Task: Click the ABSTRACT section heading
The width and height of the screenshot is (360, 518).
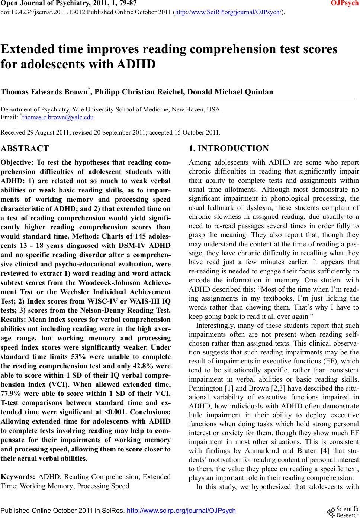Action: point(25,149)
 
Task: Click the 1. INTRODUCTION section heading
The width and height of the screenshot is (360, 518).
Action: point(229,149)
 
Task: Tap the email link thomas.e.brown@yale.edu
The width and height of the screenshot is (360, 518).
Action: point(58,118)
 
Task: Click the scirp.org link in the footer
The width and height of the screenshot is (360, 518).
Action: point(181,511)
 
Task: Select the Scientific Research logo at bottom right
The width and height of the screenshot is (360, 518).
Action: point(343,512)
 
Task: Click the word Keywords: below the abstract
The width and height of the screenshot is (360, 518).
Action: point(18,477)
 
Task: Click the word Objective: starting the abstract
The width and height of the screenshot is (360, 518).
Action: point(16,162)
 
